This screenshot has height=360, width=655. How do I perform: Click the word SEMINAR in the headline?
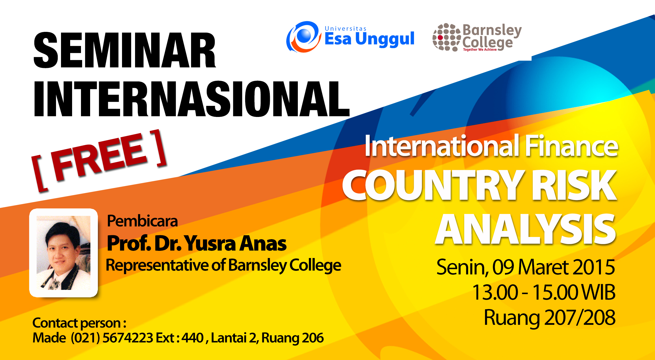(125, 50)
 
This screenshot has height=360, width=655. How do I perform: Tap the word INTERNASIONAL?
(192, 99)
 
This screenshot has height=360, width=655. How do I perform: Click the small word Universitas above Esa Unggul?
(346, 29)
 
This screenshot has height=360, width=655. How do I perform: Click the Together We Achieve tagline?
(480, 50)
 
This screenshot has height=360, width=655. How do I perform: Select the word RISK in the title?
(574, 185)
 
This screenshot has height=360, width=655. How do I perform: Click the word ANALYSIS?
(525, 229)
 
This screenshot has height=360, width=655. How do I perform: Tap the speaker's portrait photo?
(64, 253)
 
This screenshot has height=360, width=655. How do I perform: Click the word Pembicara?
(142, 221)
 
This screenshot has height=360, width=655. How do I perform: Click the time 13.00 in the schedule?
(495, 292)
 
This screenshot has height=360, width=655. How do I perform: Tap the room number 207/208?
(580, 318)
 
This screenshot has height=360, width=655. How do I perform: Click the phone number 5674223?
(128, 338)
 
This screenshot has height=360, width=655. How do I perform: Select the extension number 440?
(192, 338)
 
